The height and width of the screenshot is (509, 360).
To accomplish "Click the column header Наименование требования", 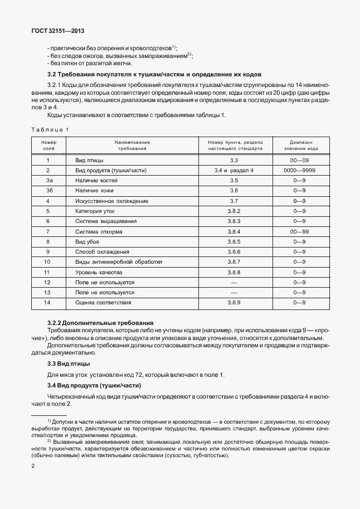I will [133, 146].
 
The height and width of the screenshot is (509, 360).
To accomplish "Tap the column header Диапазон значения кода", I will [301, 146].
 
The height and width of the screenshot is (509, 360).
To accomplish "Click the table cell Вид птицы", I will [89, 160].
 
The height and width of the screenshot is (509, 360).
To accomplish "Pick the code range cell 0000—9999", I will [300, 170].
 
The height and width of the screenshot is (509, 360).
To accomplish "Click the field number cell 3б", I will [48, 191].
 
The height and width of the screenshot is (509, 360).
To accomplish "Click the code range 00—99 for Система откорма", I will [300, 231].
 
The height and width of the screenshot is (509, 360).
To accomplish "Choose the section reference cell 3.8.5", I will [233, 241].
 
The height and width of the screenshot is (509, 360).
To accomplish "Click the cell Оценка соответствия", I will [103, 302].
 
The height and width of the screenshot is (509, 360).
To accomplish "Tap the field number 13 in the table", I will [48, 292].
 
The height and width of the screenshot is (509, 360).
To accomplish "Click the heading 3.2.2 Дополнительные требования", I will [100, 323].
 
